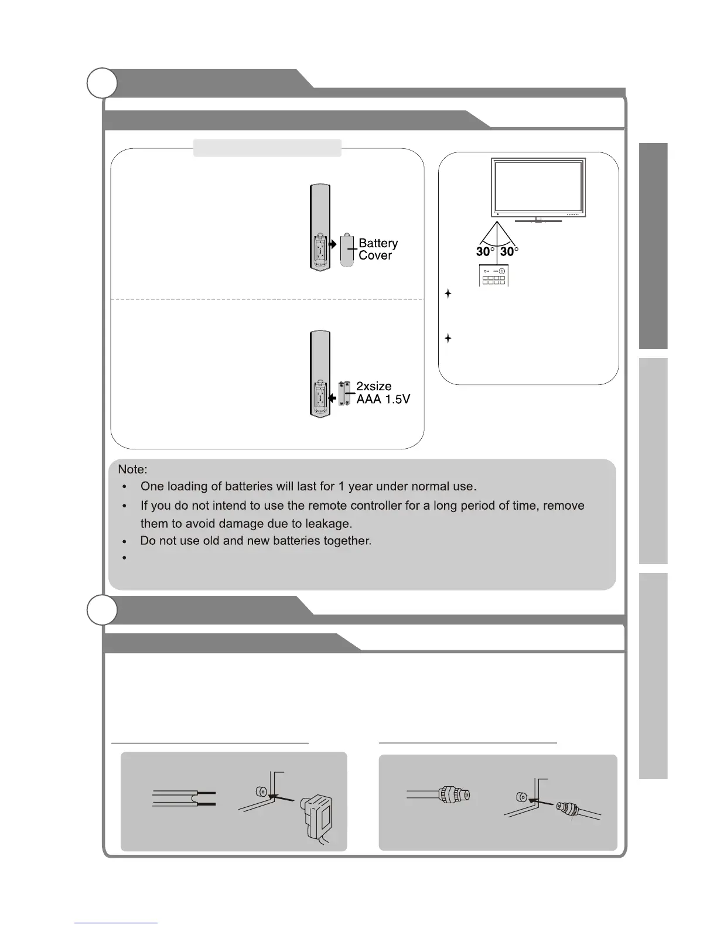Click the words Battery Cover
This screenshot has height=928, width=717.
pos(378,249)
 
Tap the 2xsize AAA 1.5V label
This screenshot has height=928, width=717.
pos(383,393)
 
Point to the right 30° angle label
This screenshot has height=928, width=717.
pos(509,251)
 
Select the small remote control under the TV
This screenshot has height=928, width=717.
pos(493,275)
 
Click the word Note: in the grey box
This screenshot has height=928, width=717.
pos(132,469)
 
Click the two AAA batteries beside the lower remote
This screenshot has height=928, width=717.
pos(344,394)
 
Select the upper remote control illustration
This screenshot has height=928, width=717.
pos(320,228)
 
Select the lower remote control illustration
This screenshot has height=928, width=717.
pos(320,374)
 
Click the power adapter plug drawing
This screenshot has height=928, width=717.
pos(316,817)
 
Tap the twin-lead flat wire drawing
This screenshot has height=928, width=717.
pos(184,798)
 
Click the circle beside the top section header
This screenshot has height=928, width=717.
pos(102,83)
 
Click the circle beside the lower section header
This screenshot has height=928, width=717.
pos(102,610)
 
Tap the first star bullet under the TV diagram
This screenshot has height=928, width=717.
pos(448,294)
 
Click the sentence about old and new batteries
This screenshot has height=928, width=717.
pos(256,541)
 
